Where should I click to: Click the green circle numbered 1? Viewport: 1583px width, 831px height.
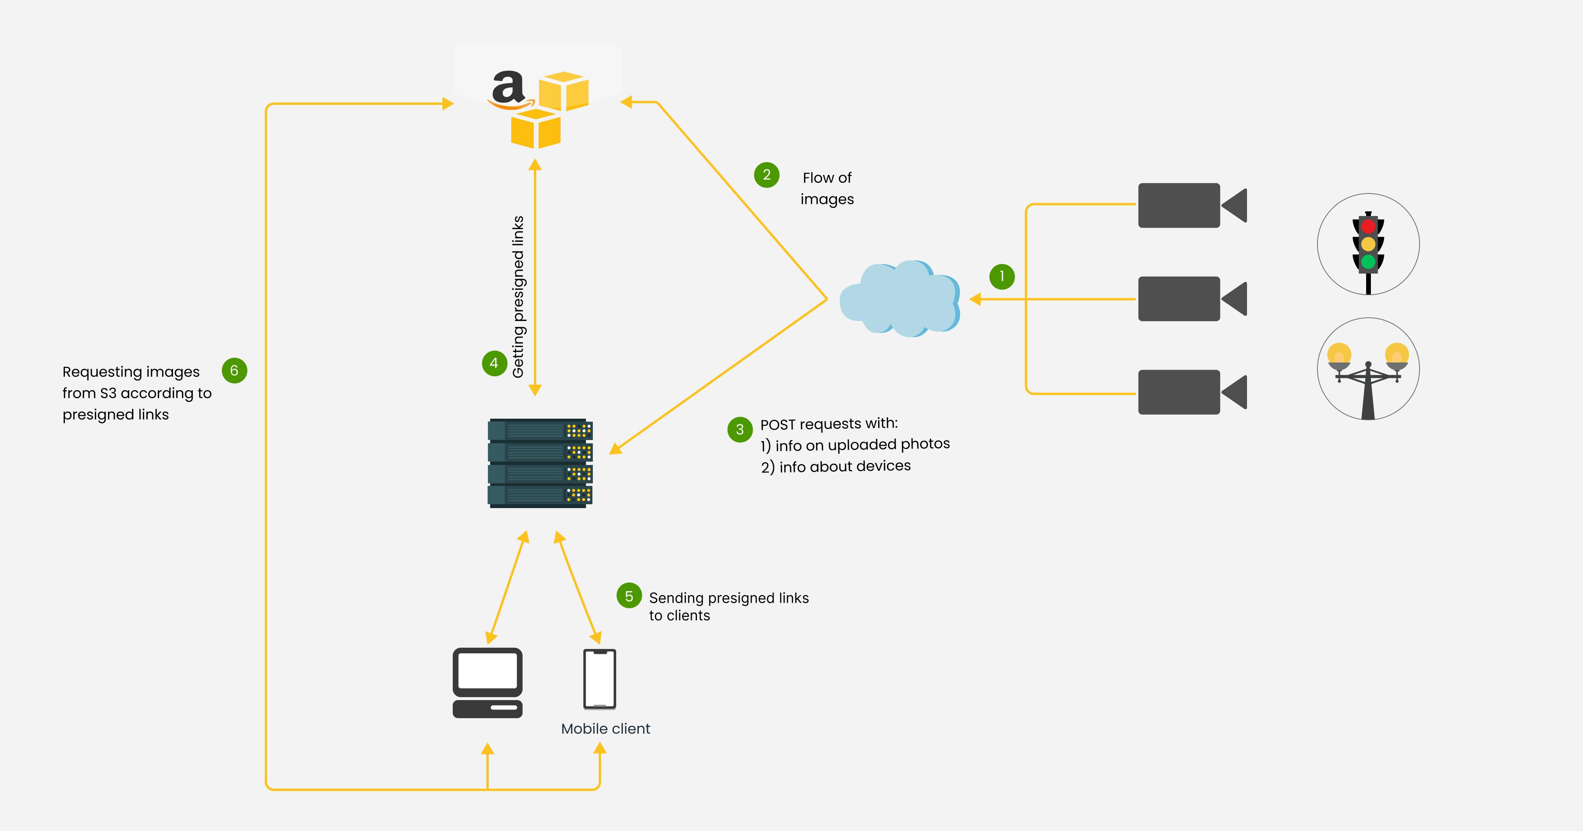click(1002, 277)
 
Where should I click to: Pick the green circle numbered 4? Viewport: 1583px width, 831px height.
click(494, 363)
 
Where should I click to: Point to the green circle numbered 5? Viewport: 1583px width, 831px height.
click(629, 596)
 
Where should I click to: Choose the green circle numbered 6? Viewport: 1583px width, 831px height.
click(234, 371)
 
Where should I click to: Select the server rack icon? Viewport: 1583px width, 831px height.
click(539, 463)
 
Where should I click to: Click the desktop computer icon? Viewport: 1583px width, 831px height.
click(487, 682)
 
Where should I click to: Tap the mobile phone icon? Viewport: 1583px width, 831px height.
click(599, 679)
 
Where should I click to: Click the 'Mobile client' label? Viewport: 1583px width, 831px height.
click(605, 729)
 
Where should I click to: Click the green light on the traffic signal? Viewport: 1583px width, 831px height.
click(1368, 262)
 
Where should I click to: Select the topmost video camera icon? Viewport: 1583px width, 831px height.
click(1191, 205)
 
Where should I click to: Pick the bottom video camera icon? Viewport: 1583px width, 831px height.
click(1191, 392)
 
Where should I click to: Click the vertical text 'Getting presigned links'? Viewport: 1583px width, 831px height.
click(518, 296)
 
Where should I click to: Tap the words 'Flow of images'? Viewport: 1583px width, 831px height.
click(827, 188)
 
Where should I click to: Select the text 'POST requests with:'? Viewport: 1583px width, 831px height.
click(828, 424)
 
